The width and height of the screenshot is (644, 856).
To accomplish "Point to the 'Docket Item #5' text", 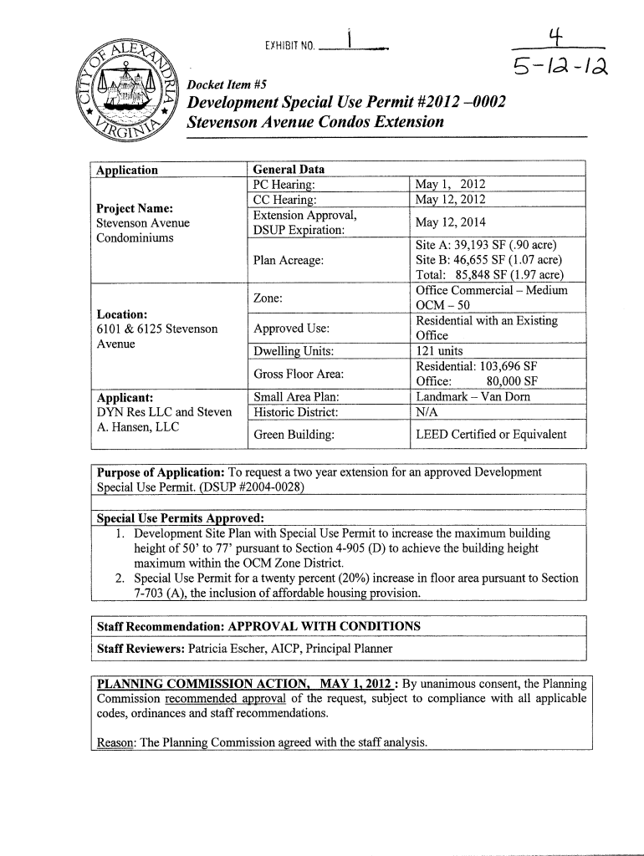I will pyautogui.click(x=222, y=84).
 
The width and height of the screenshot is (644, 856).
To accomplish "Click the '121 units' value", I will pyautogui.click(x=439, y=351).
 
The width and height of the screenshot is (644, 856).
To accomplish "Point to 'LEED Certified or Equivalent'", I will pyautogui.click(x=490, y=434).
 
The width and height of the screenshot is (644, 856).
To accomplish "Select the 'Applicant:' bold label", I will pyautogui.click(x=124, y=398).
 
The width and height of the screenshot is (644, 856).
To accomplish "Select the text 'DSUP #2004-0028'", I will pyautogui.click(x=247, y=487).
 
